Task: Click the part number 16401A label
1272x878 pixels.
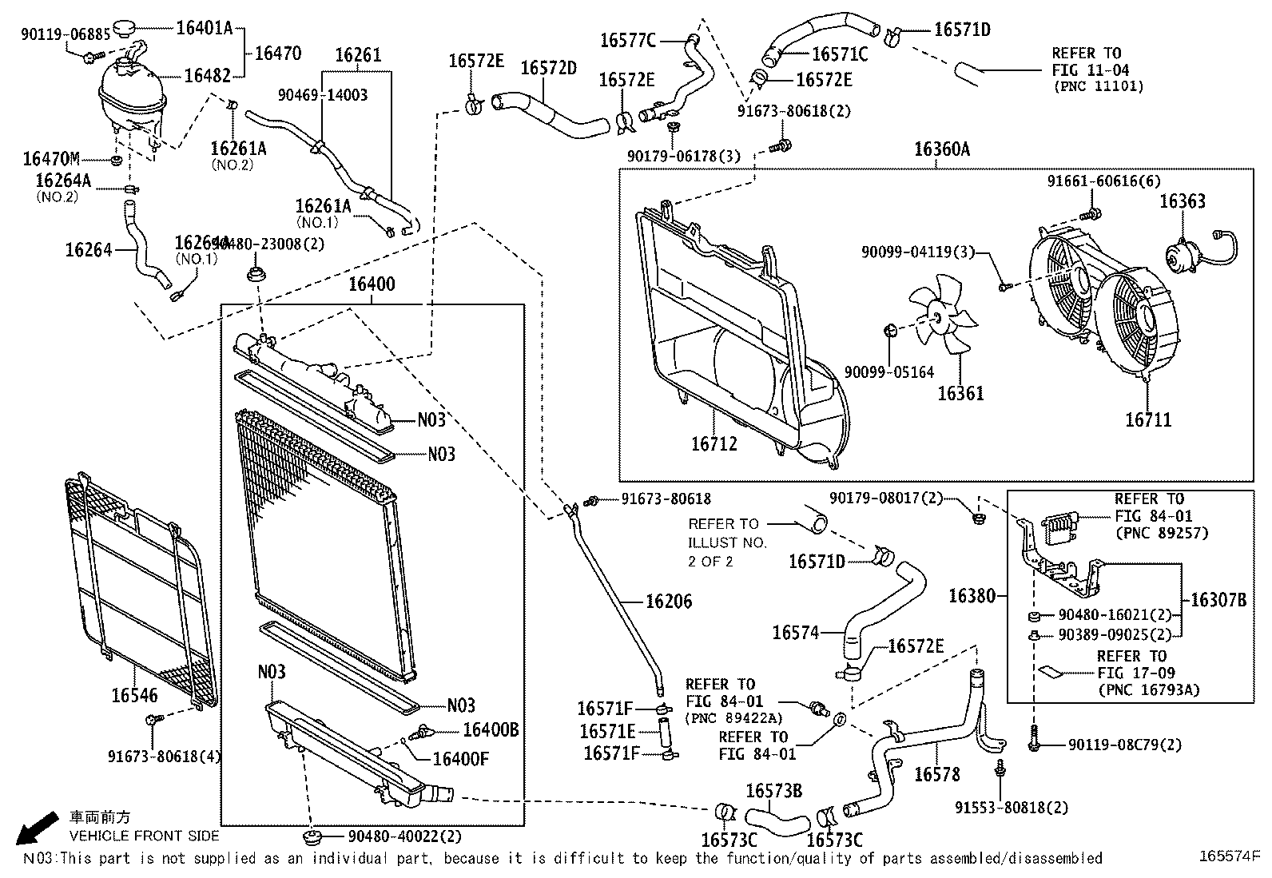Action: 203,29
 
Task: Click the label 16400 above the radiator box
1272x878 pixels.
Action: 372,284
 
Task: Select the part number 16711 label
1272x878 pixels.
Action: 1148,419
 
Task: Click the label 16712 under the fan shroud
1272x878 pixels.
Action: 714,443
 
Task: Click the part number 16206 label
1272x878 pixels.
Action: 669,602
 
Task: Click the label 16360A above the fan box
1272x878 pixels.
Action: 942,149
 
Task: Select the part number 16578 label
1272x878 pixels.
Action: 937,774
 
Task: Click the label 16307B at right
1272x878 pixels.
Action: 1218,600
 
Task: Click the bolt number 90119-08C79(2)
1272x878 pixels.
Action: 1125,745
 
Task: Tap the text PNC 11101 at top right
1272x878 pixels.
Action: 1098,86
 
